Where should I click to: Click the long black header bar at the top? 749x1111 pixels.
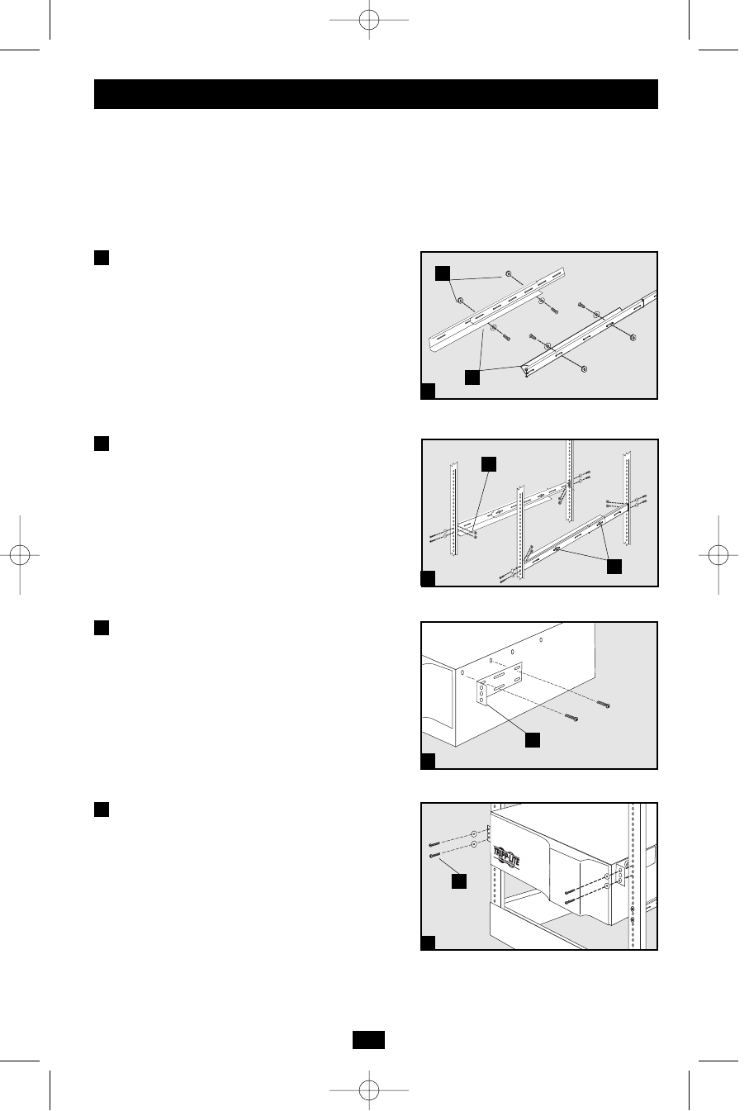point(376,94)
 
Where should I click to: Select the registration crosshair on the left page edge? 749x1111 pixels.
point(25,554)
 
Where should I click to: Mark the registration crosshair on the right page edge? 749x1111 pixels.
point(723,554)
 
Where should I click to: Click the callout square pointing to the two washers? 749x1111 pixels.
point(443,273)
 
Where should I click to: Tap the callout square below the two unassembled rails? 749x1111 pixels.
point(471,377)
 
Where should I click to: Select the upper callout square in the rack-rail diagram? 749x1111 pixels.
point(489,465)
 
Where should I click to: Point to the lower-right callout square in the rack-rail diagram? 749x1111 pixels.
point(614,567)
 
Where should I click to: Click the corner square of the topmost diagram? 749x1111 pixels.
point(428,392)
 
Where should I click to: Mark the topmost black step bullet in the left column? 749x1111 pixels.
point(101,258)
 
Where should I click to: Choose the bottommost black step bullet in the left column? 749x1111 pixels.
point(101,809)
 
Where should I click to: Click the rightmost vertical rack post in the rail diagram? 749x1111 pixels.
point(628,496)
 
